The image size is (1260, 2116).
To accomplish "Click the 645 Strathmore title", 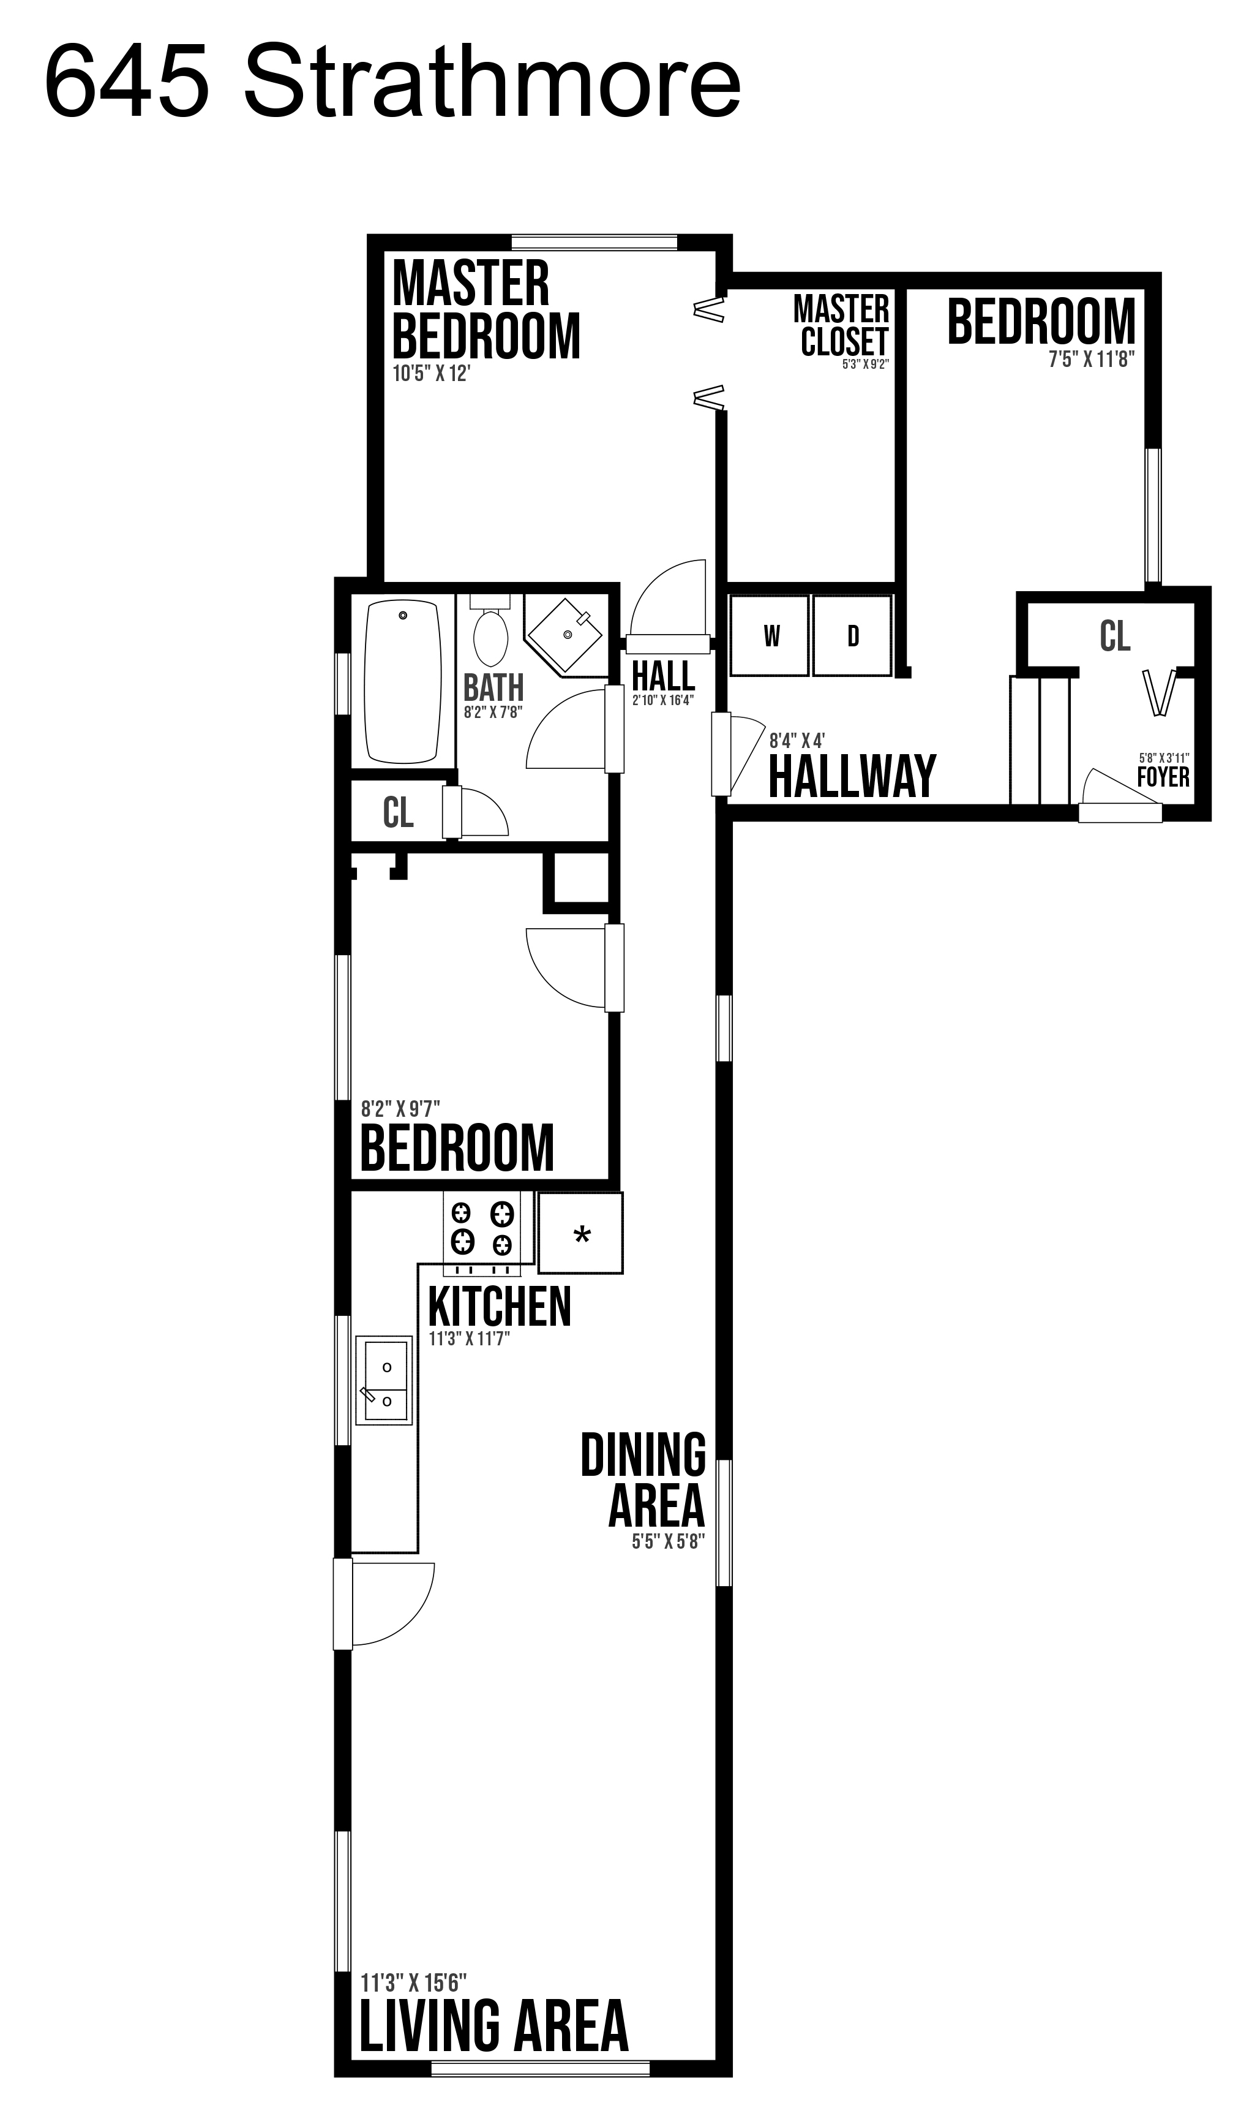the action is (x=392, y=84).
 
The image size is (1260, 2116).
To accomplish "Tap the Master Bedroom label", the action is (x=487, y=310).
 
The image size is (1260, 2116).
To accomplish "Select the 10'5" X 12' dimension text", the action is (x=431, y=374).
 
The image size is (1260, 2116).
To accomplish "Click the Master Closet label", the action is (x=841, y=326).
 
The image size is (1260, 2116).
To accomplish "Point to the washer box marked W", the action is (x=770, y=635).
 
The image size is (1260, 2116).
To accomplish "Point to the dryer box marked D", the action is (x=852, y=635).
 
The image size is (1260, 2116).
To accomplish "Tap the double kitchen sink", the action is (x=384, y=1380).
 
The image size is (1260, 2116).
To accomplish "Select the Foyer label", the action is (x=1163, y=776).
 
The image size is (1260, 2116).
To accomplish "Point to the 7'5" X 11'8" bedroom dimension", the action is (x=1092, y=360).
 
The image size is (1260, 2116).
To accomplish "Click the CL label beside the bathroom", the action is (x=398, y=813).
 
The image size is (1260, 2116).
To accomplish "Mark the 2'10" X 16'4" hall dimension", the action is (x=663, y=701).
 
